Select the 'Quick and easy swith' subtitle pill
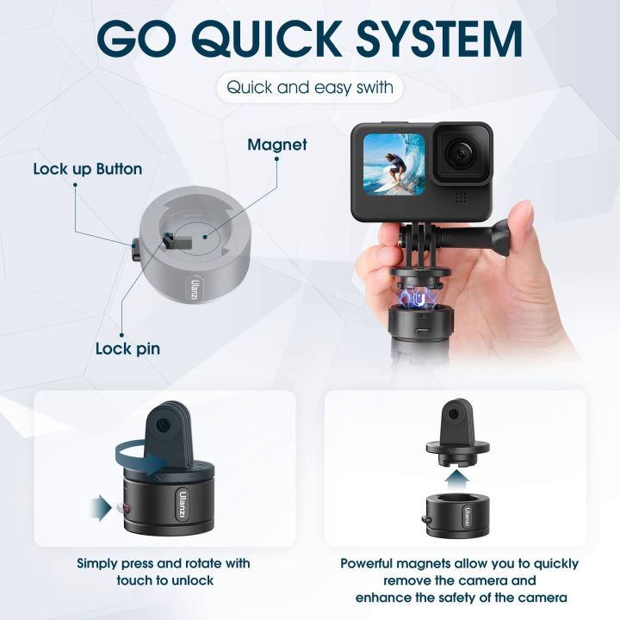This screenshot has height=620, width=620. pos(309,87)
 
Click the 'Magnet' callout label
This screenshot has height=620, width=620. pos(276,145)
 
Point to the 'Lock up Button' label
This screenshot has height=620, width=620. pos(87,169)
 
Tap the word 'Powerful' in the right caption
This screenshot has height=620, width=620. pos(372,563)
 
